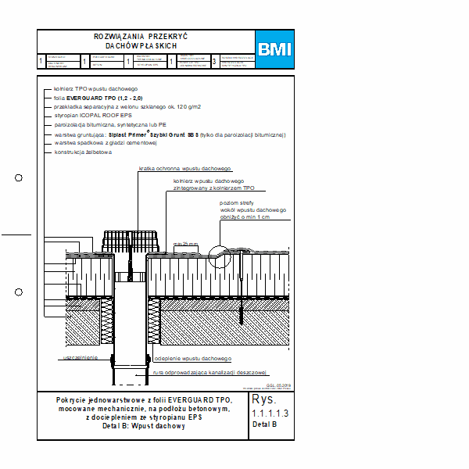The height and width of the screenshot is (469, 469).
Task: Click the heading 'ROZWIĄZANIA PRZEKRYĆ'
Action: [x=141, y=37]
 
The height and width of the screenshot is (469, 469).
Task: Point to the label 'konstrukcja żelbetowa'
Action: [x=83, y=152]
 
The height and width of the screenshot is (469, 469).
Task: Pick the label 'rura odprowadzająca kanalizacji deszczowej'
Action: [x=210, y=372]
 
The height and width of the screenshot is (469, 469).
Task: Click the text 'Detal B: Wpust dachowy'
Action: [x=143, y=427]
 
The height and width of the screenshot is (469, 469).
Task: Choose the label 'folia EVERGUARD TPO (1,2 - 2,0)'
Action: [x=98, y=97]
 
